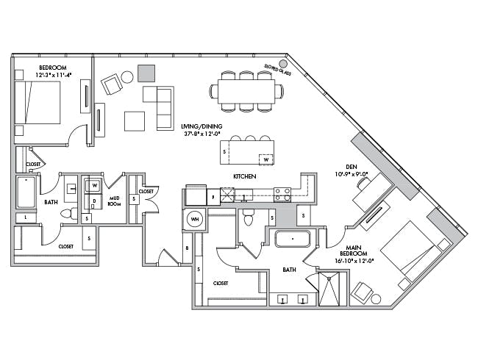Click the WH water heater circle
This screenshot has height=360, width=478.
pos(195,219)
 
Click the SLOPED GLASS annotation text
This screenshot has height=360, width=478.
pos(278,70)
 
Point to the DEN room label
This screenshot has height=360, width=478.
pos(340,166)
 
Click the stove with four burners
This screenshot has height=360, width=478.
pos(282,194)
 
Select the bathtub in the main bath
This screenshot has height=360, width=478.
pos(293,240)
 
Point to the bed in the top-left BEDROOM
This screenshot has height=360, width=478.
pos(37,102)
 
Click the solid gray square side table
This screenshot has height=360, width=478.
pos(146,73)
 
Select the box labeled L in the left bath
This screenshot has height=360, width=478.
pos(26,217)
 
